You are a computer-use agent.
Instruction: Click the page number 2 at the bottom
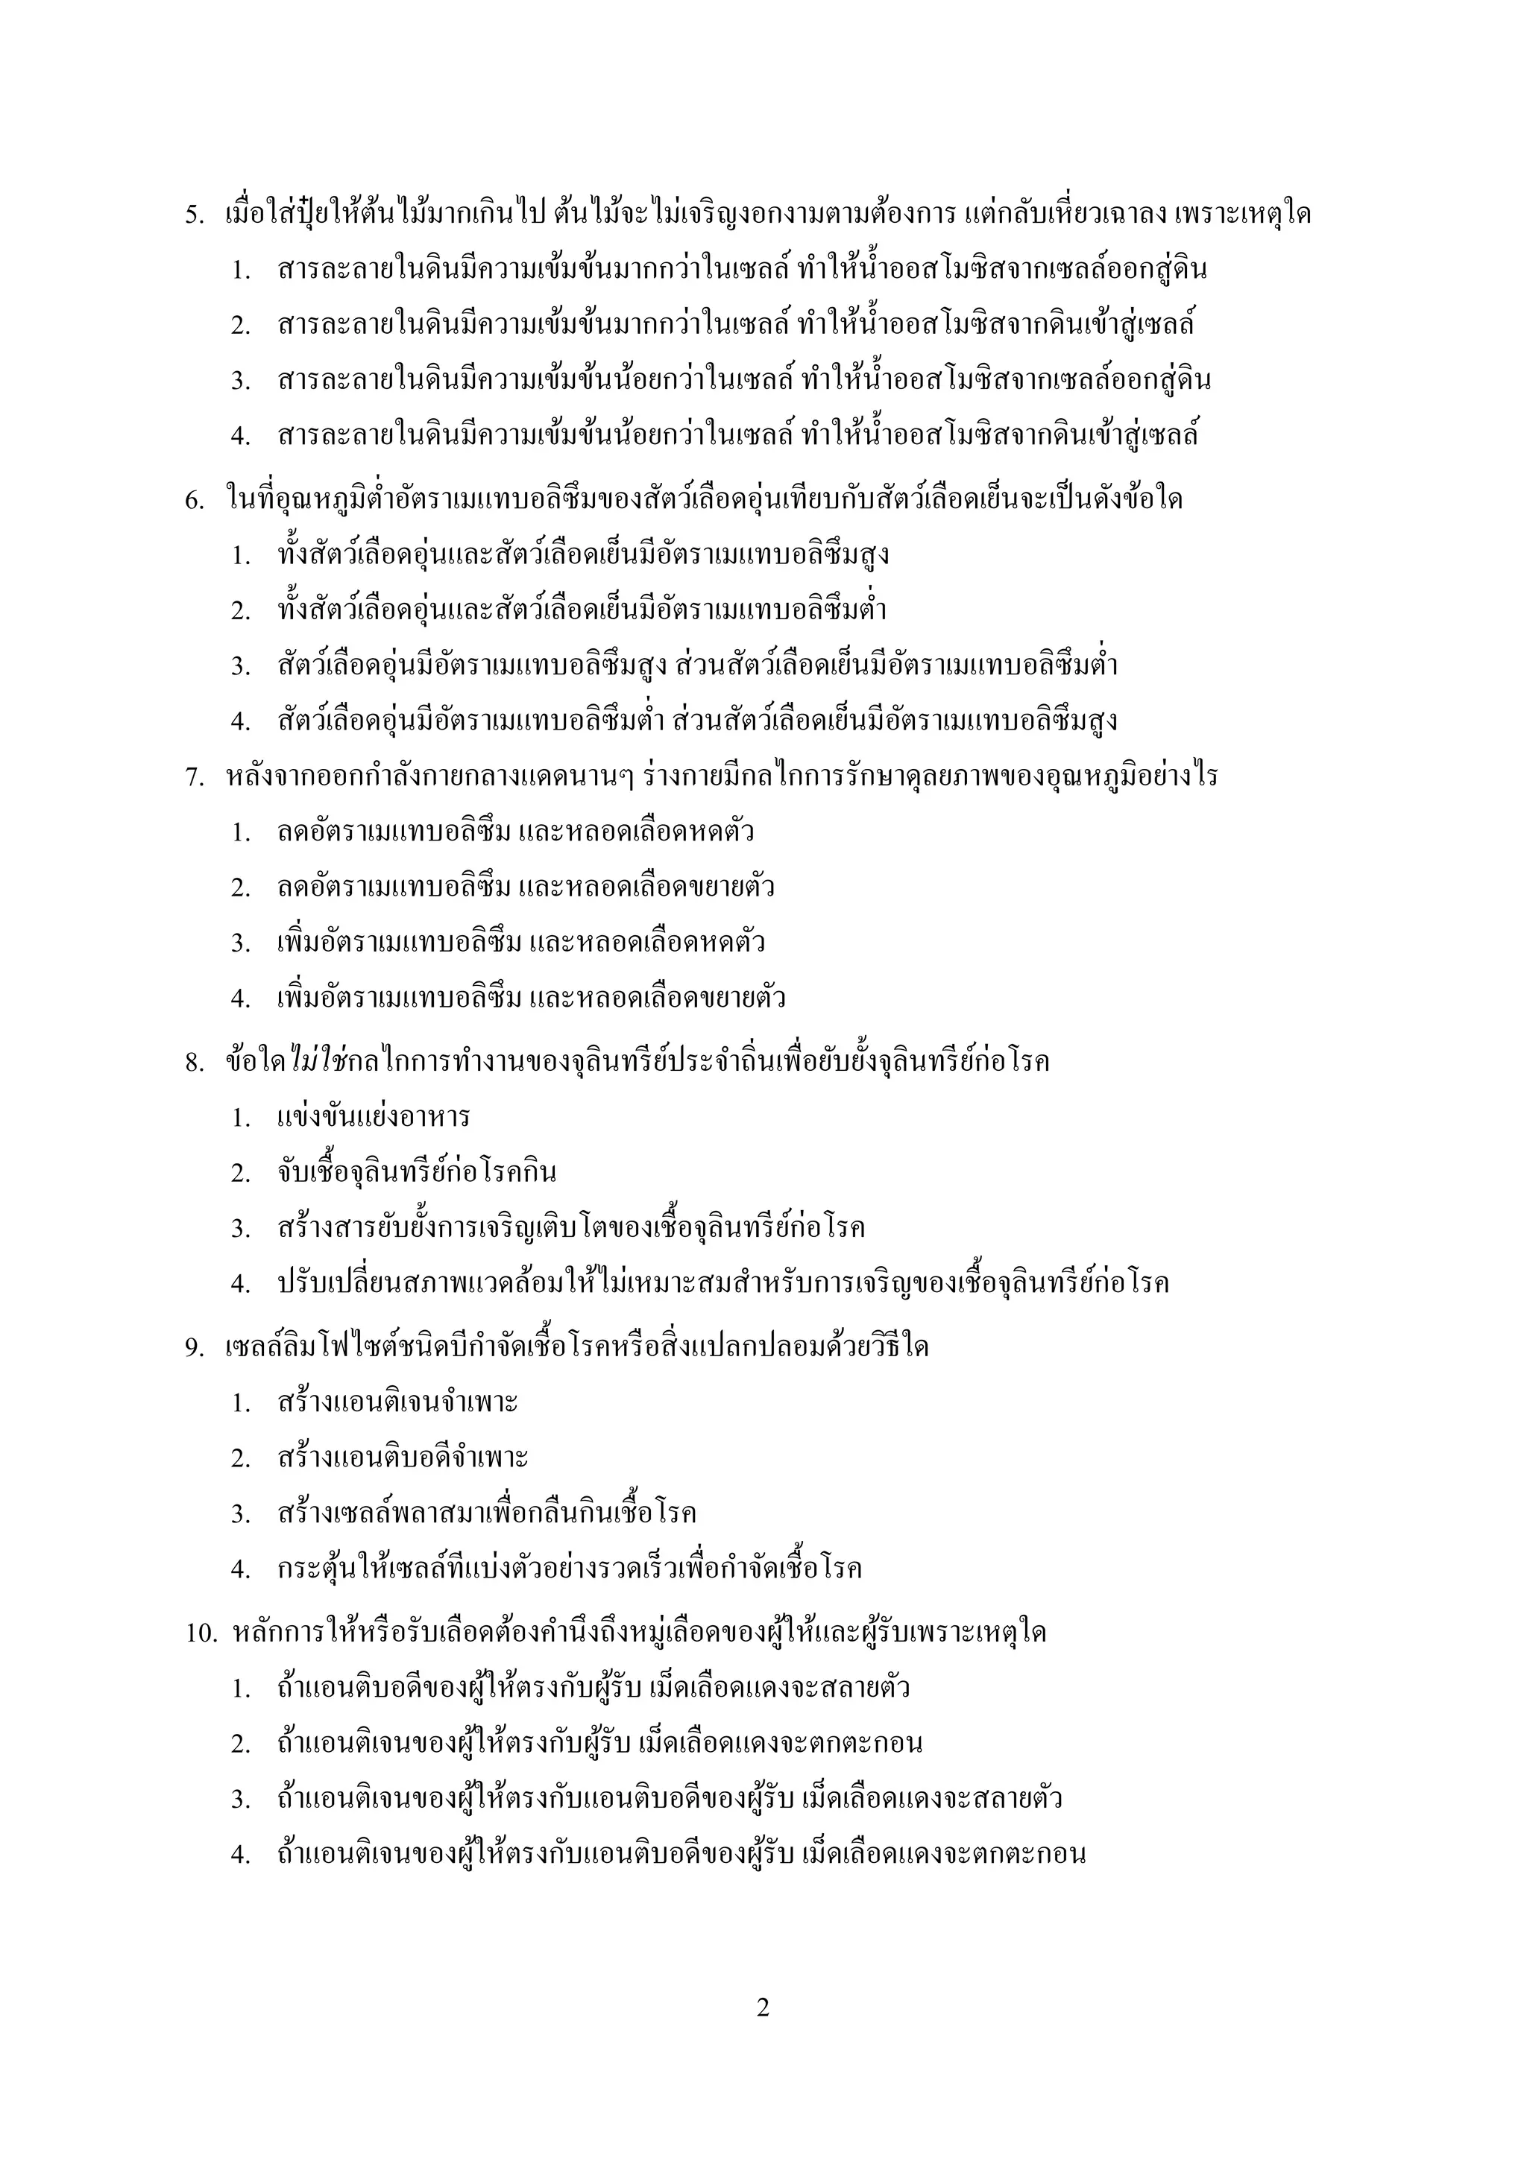click(x=763, y=2007)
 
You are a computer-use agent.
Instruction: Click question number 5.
click(x=194, y=215)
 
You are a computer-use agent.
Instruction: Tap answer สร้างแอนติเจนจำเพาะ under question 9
click(x=397, y=1403)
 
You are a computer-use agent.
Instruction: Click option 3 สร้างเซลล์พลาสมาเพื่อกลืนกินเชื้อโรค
click(x=486, y=1514)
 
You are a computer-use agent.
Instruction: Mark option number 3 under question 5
click(x=241, y=382)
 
